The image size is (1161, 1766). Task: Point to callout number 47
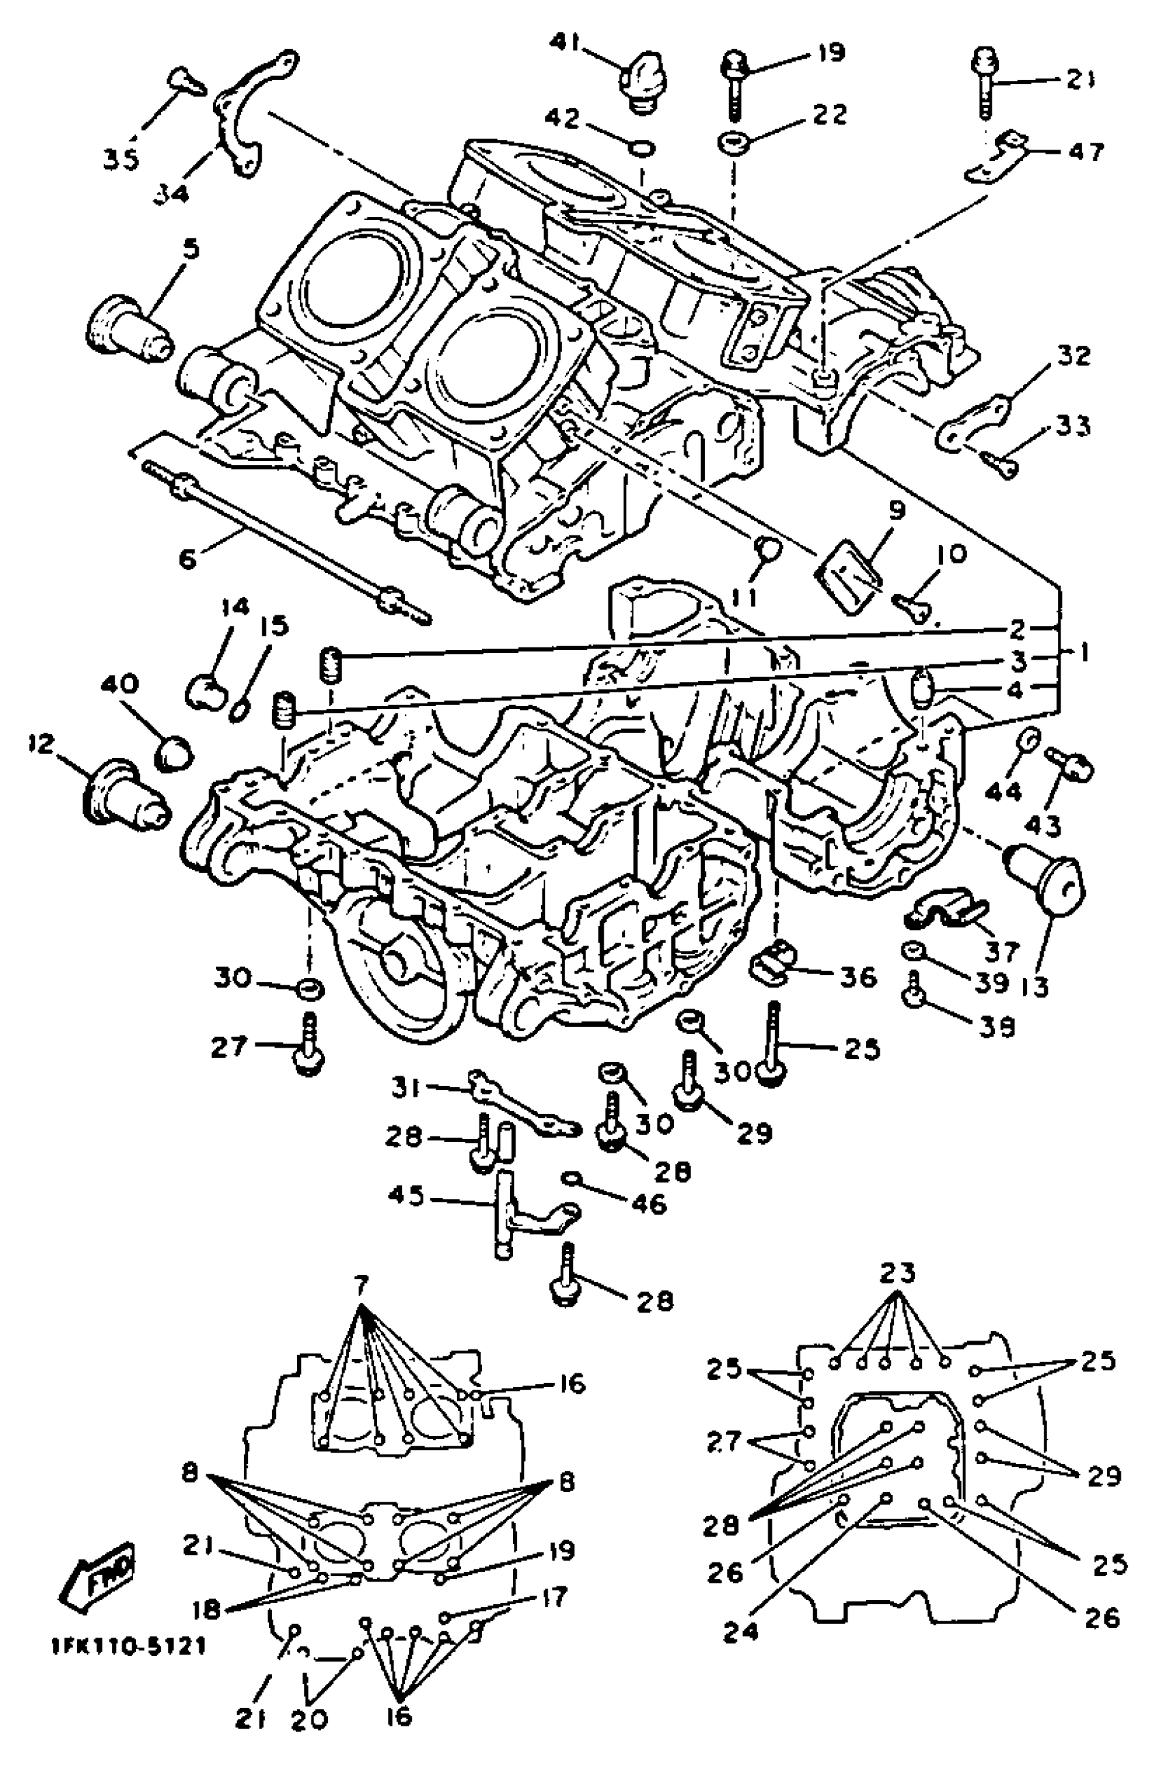point(1085,152)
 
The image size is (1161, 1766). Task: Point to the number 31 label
point(406,1089)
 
